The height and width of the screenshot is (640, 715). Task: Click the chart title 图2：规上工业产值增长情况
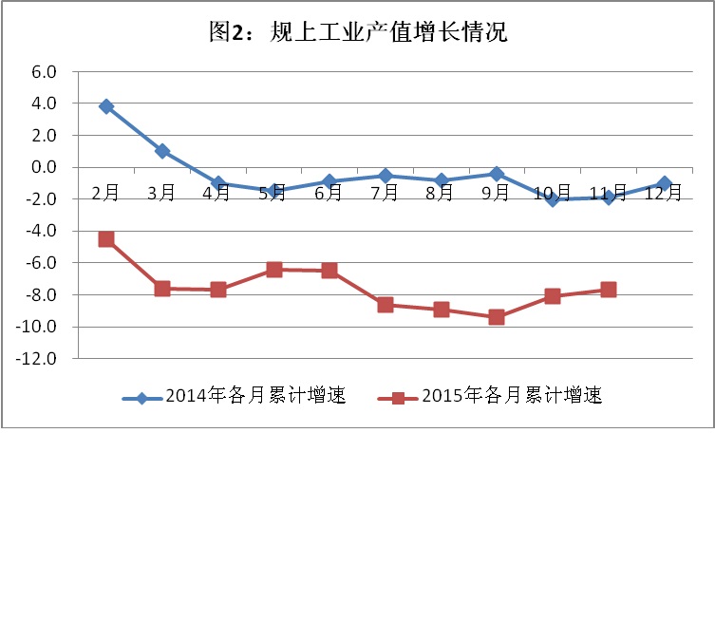pyautogui.click(x=358, y=32)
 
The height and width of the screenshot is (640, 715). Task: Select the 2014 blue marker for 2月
pyautogui.click(x=106, y=106)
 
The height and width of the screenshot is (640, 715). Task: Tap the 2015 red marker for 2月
pyautogui.click(x=106, y=239)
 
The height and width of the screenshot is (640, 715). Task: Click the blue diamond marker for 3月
pyautogui.click(x=162, y=151)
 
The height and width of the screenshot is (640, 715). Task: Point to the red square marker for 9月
pyautogui.click(x=497, y=317)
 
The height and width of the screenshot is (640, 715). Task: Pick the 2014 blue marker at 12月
pyautogui.click(x=664, y=183)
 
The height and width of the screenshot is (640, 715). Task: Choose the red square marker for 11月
pyautogui.click(x=608, y=290)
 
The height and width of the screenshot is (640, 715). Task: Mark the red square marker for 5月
pyautogui.click(x=274, y=270)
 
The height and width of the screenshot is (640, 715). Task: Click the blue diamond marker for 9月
pyautogui.click(x=497, y=174)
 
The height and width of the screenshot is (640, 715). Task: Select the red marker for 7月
pyautogui.click(x=386, y=305)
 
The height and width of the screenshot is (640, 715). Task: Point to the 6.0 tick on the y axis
pyautogui.click(x=45, y=71)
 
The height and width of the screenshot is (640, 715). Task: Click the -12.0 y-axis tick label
pyautogui.click(x=39, y=359)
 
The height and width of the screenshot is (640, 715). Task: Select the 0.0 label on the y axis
pyautogui.click(x=45, y=167)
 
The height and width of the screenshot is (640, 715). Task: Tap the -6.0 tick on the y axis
pyautogui.click(x=42, y=263)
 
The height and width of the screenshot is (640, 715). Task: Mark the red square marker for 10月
pyautogui.click(x=553, y=296)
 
